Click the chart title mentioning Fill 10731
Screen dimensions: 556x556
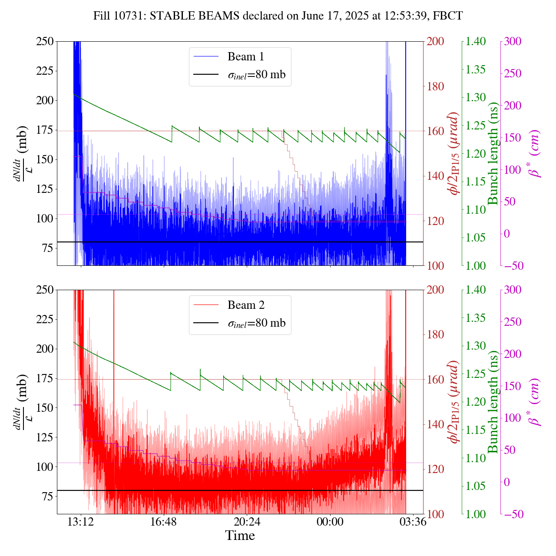278,16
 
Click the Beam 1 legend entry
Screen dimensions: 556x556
245,57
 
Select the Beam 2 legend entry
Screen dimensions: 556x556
245,305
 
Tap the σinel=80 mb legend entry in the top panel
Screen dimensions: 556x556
256,75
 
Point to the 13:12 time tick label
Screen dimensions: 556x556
81,521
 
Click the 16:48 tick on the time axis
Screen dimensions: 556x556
164,521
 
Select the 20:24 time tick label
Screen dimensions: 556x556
247,521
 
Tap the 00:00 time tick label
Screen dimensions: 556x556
330,521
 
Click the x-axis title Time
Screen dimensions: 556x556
240,536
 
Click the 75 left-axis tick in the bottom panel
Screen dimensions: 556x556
48,496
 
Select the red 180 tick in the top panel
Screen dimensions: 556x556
436,86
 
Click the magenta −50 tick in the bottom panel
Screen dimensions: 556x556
512,514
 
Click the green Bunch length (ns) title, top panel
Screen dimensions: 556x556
493,153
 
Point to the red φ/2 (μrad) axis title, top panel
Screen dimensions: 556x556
454,153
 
